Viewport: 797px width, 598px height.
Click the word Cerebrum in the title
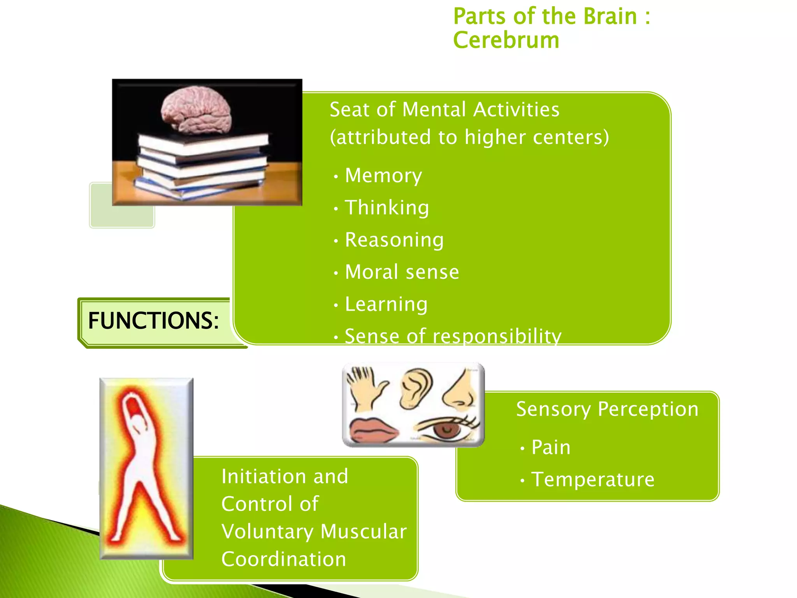[506, 40]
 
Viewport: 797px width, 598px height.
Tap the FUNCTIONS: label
[153, 321]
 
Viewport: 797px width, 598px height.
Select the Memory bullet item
[383, 176]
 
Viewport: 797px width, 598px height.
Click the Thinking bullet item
[387, 208]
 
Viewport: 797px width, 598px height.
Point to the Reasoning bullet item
[394, 240]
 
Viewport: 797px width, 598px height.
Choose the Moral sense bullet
[402, 272]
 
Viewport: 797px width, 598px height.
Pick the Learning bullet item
[386, 304]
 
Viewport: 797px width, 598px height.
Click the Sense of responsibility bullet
[453, 336]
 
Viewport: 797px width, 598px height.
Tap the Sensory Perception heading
[607, 409]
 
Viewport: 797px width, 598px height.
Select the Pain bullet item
[551, 447]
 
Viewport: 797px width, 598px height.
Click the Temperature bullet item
[593, 479]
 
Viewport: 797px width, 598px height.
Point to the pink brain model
[197, 111]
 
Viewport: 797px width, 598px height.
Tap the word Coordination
[284, 559]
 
